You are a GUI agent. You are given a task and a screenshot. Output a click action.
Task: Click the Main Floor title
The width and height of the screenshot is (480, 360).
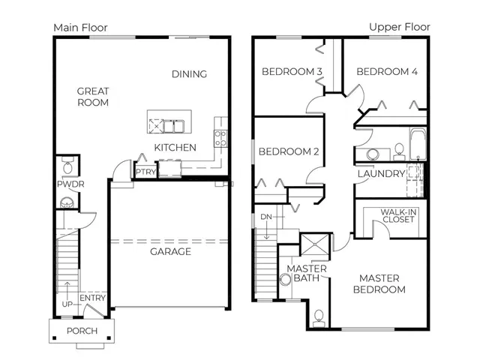(80, 28)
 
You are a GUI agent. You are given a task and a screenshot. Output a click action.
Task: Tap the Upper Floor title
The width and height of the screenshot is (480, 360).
(400, 27)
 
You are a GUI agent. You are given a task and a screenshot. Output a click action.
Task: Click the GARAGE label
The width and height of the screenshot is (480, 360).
(170, 252)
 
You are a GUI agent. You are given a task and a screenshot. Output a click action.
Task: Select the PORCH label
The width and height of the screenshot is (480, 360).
(82, 331)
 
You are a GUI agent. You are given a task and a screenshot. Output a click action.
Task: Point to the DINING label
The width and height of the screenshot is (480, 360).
(189, 74)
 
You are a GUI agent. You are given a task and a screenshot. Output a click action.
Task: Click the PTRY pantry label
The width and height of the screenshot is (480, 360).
(145, 172)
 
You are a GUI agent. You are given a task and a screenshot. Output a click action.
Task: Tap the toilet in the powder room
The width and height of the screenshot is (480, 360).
(67, 165)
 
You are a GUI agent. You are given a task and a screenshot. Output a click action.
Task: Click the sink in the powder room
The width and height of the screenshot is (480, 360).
(67, 202)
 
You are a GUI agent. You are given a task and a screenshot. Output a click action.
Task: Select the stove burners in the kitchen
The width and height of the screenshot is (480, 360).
(220, 138)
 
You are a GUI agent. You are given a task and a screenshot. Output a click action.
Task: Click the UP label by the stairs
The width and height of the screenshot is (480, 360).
(67, 304)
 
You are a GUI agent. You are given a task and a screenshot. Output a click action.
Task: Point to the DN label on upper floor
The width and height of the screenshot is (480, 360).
(266, 217)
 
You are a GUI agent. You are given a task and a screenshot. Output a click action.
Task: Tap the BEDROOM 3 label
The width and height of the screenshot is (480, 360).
(292, 72)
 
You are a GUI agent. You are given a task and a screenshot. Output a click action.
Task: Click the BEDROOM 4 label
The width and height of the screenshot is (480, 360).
(387, 72)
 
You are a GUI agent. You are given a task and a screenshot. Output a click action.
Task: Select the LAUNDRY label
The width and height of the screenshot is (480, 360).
(382, 174)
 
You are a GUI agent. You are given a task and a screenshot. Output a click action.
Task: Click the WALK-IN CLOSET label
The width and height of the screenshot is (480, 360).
(398, 216)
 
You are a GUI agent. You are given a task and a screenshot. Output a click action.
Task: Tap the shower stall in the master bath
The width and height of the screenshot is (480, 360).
(315, 244)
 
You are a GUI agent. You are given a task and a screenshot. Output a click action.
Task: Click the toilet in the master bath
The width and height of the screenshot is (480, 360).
(319, 318)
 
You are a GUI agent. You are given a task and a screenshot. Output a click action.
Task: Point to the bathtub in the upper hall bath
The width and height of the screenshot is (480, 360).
(418, 144)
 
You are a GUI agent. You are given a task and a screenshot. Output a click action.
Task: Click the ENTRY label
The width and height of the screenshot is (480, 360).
(92, 298)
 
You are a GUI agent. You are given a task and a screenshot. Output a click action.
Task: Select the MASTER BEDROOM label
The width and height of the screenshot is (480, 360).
(379, 283)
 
